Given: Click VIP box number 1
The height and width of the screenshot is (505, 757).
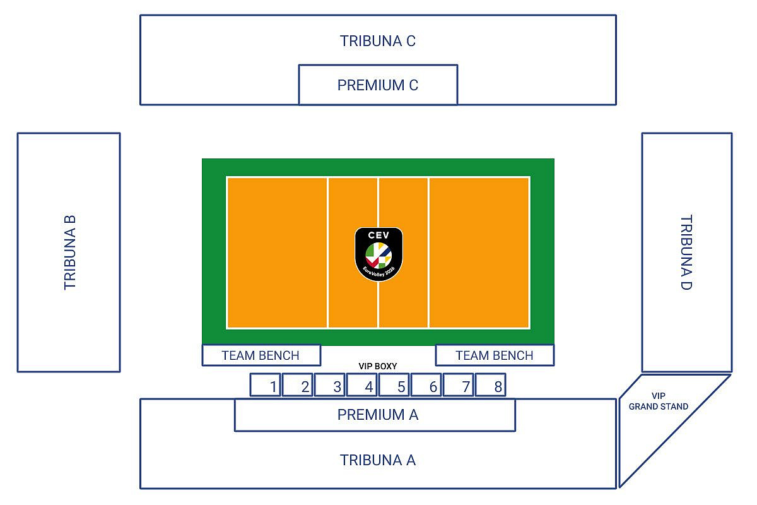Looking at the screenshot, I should tap(266, 385).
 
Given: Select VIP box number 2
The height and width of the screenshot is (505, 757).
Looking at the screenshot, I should tap(298, 385).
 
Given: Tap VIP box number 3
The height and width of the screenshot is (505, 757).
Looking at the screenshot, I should tap(330, 385).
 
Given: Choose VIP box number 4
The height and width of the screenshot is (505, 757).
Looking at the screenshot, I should tap(362, 385).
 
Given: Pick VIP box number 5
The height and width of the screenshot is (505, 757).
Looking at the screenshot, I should tap(394, 385).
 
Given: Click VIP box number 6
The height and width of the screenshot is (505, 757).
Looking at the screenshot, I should tap(426, 385).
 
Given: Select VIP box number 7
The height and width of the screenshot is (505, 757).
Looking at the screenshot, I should tap(459, 385).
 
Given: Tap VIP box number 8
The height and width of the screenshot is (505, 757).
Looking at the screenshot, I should tap(491, 385).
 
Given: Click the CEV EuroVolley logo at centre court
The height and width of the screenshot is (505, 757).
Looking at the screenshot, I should tap(378, 254).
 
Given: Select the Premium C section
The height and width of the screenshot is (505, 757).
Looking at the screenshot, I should tap(378, 85).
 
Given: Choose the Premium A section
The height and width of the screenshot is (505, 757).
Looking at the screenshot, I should tap(378, 415).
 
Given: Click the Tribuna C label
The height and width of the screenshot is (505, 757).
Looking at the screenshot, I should tap(378, 41).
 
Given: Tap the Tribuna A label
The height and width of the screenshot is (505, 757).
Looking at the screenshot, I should tap(378, 460).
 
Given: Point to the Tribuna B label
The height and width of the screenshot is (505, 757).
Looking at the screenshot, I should tap(70, 252).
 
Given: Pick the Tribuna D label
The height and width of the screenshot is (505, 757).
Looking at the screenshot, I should tap(686, 252).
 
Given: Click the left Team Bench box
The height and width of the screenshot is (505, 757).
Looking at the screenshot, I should tap(261, 355).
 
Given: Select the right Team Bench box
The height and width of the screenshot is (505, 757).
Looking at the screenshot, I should tap(495, 355).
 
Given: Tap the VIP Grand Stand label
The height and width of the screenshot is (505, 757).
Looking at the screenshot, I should tap(658, 401).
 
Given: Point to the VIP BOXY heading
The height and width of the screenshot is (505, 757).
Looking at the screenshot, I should tap(378, 366).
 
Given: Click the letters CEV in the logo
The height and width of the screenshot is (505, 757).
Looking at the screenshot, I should tap(378, 235).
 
